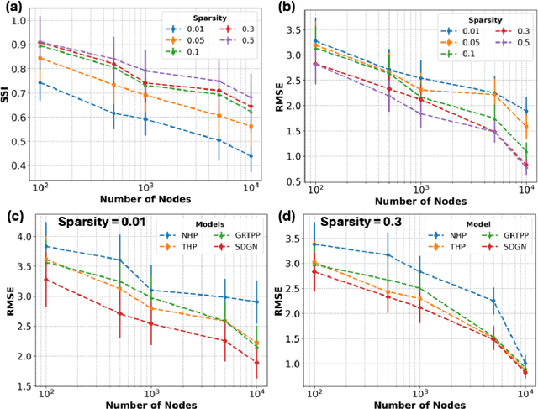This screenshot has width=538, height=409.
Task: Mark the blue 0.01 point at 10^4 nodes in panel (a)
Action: point(248,155)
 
